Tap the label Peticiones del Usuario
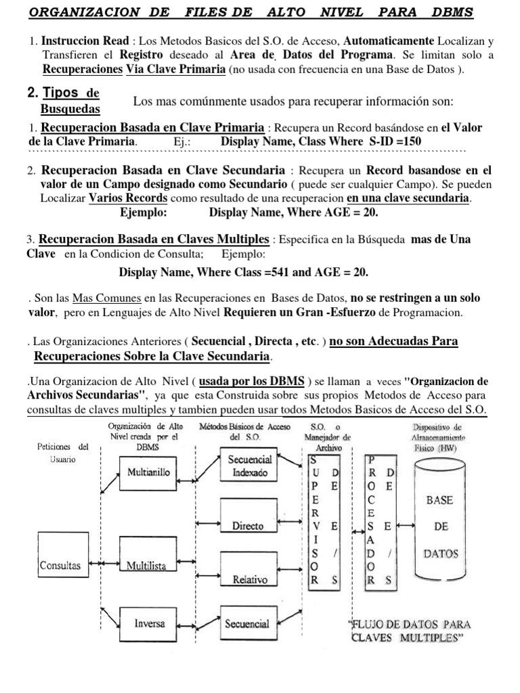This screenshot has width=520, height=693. (63, 453)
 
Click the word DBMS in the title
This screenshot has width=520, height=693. (449, 13)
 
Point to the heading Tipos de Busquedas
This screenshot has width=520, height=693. (70, 99)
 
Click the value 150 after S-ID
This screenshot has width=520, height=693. (409, 141)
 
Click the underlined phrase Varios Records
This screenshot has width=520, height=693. (128, 198)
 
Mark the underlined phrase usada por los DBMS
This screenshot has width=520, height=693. (251, 382)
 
